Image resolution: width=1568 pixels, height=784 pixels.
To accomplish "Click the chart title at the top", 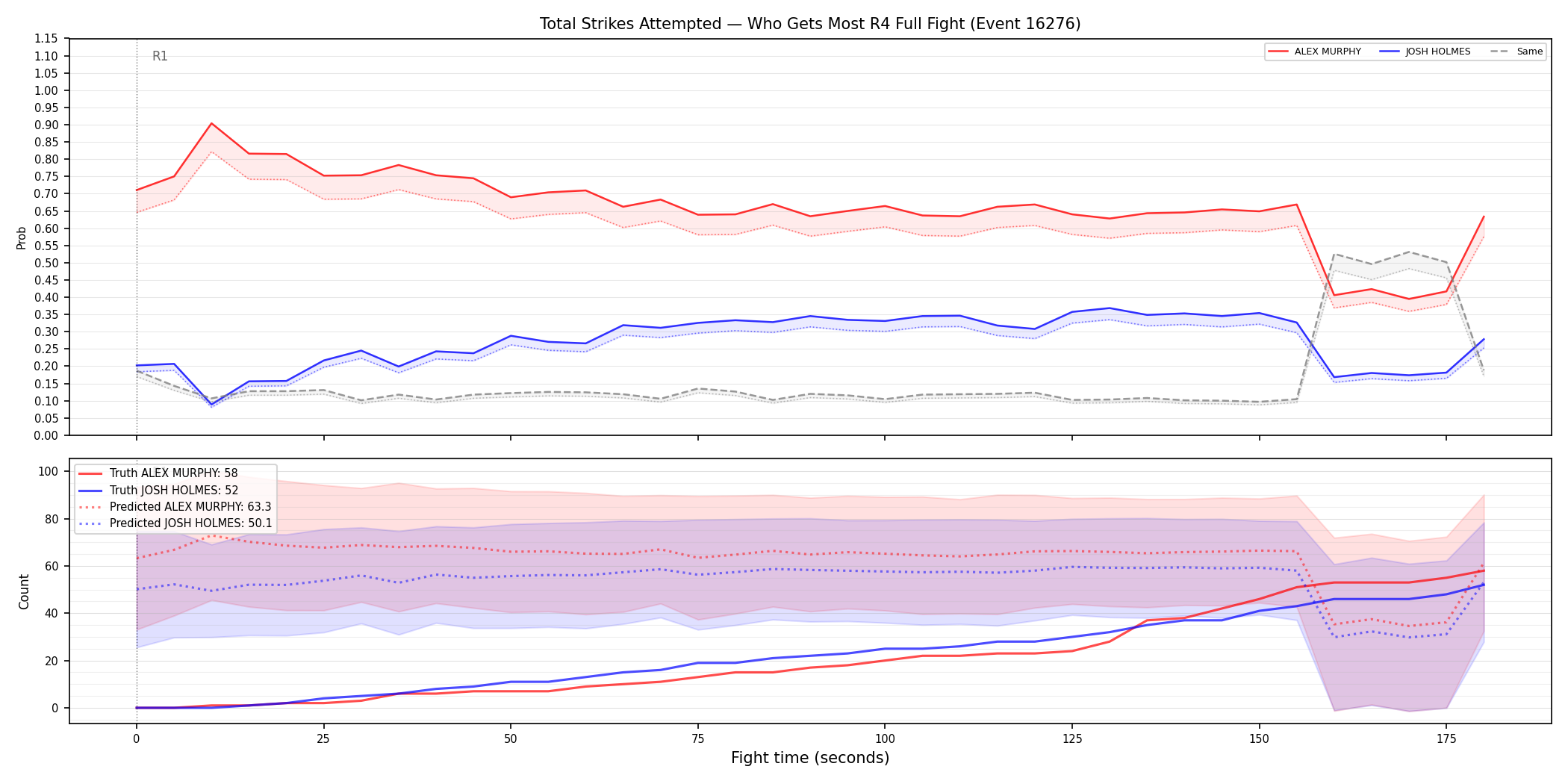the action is [x=810, y=24].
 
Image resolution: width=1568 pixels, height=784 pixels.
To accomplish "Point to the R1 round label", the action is [x=160, y=56].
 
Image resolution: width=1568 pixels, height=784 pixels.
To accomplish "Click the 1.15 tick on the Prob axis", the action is [x=46, y=39].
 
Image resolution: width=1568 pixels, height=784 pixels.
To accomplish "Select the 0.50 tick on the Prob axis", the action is [x=46, y=263].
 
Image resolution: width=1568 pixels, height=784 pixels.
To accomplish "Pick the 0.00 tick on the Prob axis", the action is [x=46, y=435].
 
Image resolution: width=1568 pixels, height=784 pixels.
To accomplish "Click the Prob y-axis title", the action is [x=22, y=237].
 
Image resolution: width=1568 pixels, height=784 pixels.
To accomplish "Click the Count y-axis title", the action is [x=24, y=591].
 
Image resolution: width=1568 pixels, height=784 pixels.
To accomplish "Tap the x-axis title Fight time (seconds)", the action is [x=810, y=758].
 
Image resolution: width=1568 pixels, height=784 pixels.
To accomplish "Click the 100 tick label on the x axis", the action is [x=884, y=739].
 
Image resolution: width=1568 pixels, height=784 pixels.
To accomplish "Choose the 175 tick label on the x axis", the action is [x=1446, y=739].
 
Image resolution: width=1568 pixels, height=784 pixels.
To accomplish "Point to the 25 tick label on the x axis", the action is [x=323, y=739].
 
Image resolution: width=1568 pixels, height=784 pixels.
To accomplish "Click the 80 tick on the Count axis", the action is [x=52, y=519].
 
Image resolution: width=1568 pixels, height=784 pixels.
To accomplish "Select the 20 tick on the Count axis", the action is [x=52, y=661].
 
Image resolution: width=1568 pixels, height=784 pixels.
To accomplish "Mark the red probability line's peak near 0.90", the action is [x=212, y=123].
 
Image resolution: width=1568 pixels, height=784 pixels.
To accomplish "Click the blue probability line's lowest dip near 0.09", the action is [x=212, y=405].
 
